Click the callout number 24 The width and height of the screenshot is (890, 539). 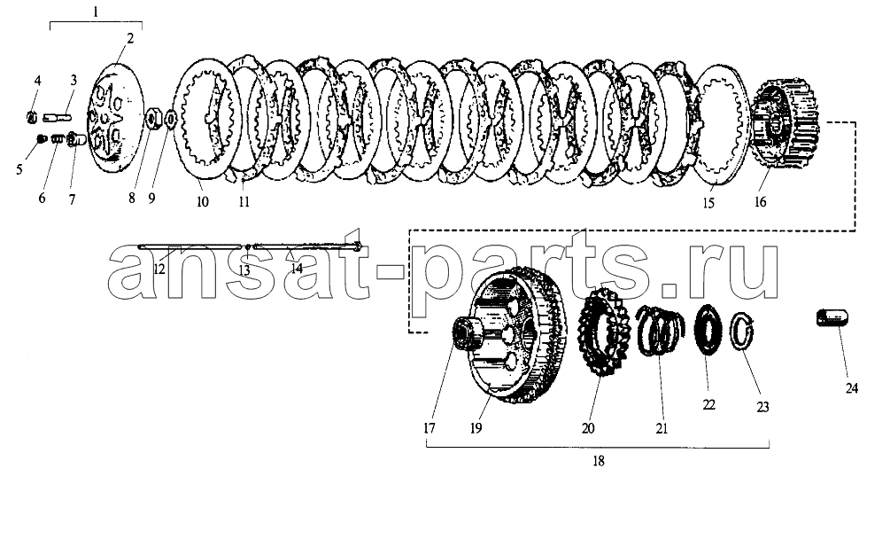point(851,388)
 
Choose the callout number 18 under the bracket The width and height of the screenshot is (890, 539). point(599,461)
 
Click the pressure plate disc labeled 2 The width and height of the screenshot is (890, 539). point(115,119)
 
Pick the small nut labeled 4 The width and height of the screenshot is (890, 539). point(33,118)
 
